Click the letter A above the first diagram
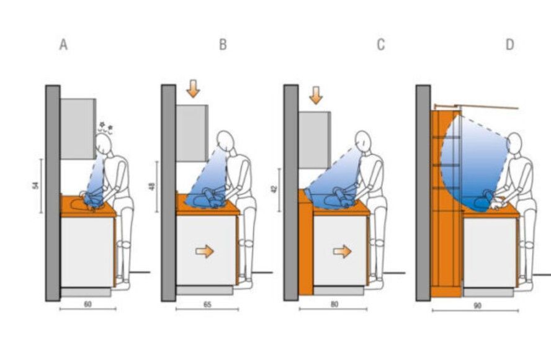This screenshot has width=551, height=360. coord(63,45)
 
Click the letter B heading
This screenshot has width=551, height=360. coord(223,45)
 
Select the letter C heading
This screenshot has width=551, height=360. coord(381,45)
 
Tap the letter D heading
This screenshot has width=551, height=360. coord(509,45)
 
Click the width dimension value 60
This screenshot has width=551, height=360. coord(88,304)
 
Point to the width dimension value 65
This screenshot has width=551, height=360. coord(207,304)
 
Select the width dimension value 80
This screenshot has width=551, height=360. coord(334,304)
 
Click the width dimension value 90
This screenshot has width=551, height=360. coord(477,305)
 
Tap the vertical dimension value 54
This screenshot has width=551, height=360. coord(35,185)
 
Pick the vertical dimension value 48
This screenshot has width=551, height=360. coord(152,186)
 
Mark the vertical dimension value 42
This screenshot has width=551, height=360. coord(274,189)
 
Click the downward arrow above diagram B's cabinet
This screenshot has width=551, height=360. coord(193,89)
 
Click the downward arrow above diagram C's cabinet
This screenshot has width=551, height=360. coord(316,95)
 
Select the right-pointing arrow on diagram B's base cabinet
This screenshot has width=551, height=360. coord(205,251)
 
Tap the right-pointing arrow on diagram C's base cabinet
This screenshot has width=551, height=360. coord(343,251)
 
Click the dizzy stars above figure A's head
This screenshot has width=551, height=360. coord(105,128)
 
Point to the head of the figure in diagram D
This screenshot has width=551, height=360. coord(514,143)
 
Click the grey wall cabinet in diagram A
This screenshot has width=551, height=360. coord(78,128)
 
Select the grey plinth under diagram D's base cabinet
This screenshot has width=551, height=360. coord(488,292)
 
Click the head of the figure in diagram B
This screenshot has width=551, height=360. coord(225,141)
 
